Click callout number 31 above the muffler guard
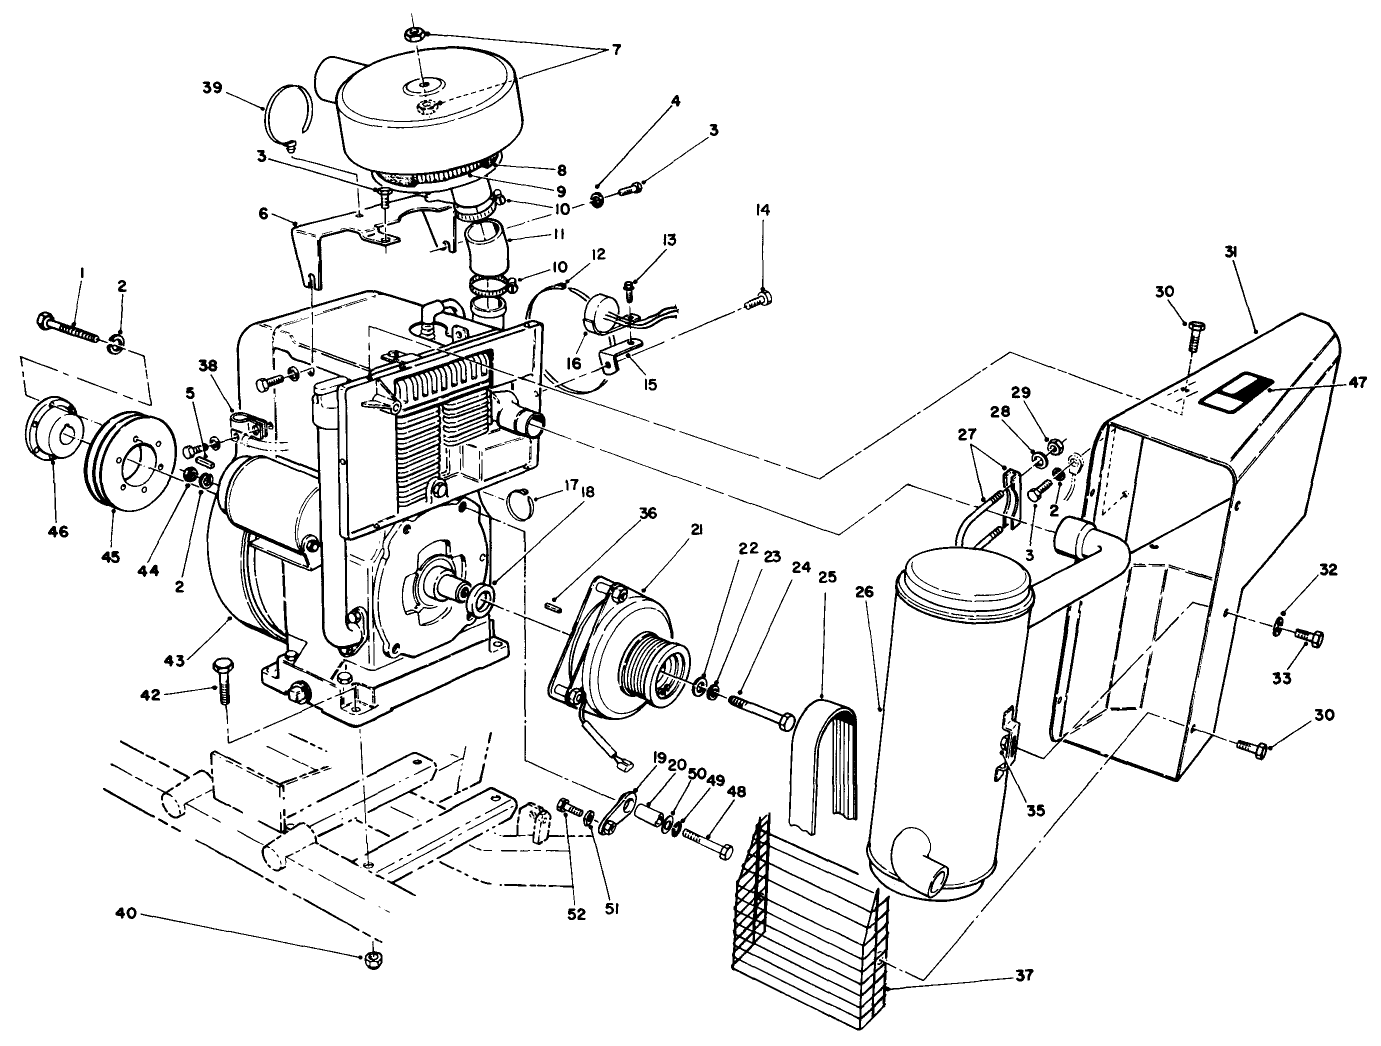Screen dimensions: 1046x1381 (x=1231, y=254)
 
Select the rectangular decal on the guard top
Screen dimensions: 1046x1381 (x=1234, y=393)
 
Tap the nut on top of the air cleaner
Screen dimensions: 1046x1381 (x=414, y=35)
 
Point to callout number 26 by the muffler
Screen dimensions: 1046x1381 (x=865, y=591)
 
